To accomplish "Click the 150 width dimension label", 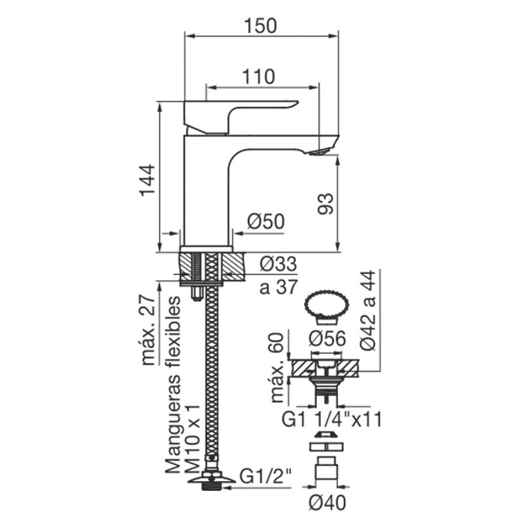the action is pyautogui.click(x=260, y=25).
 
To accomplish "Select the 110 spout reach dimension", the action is pyautogui.click(x=258, y=76).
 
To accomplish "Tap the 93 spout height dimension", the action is pyautogui.click(x=325, y=203).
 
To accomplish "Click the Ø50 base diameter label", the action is pyautogui.click(x=266, y=221).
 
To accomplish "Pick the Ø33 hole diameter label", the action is pyautogui.click(x=278, y=264).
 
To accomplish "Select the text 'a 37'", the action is pyautogui.click(x=278, y=286).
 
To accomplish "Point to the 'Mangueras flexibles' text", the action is pyautogui.click(x=173, y=384).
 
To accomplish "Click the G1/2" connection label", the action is pyautogui.click(x=266, y=477).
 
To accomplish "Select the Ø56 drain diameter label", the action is pyautogui.click(x=328, y=339).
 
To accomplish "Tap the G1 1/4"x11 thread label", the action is pyautogui.click(x=331, y=419).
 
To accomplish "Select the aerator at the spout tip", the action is pyautogui.click(x=319, y=152).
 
